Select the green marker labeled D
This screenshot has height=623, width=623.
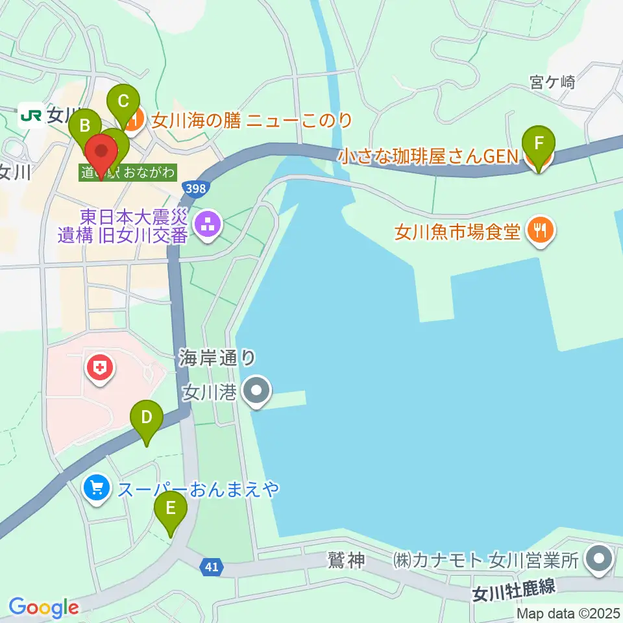click(x=146, y=419)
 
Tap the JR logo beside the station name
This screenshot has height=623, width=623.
click(x=31, y=116)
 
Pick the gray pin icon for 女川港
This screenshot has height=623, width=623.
click(x=256, y=391)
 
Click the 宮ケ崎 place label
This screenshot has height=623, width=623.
click(x=552, y=82)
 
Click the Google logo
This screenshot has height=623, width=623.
click(x=43, y=607)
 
